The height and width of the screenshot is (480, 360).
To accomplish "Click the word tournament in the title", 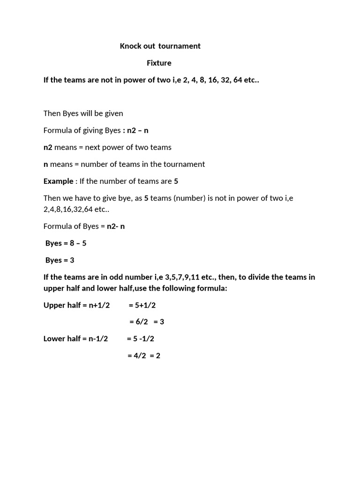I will (179, 46).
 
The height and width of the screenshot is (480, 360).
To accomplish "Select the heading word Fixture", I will (159, 63).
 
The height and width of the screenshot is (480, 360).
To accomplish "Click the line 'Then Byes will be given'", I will (83, 113).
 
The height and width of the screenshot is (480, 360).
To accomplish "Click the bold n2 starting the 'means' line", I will (48, 147).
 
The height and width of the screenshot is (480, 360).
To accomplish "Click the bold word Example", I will (58, 181).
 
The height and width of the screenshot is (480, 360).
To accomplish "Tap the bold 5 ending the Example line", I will (176, 181).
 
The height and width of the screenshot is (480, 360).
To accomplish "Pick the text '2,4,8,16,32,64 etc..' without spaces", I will (76, 209).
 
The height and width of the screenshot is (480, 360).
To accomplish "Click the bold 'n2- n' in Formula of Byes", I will (116, 226).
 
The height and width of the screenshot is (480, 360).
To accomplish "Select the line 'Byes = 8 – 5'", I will (66, 243).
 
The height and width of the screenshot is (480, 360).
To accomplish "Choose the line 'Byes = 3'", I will (60, 260).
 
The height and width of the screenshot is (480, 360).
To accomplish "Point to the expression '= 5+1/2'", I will (142, 305).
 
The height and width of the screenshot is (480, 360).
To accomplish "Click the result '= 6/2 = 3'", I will (146, 322).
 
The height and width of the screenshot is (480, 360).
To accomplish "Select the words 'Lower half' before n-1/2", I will (62, 338).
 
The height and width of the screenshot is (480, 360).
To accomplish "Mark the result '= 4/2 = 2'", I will (143, 356).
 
